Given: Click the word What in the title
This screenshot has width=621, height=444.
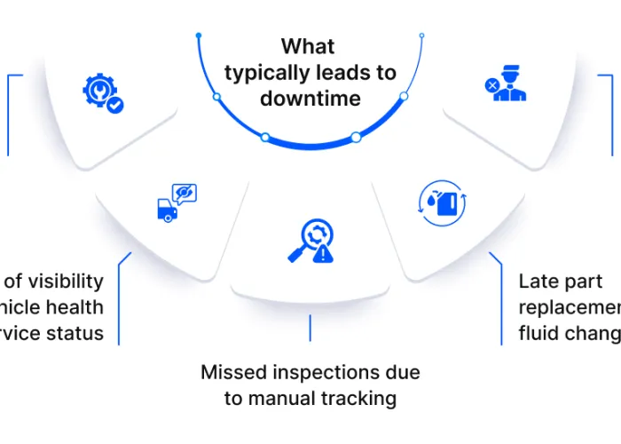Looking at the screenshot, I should coord(310,46).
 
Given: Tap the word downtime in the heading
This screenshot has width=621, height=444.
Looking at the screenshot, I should coord(310,98).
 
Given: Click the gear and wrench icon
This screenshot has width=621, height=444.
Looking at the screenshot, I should coord(100,92).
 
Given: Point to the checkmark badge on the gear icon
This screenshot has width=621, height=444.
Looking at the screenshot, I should coord(115,106).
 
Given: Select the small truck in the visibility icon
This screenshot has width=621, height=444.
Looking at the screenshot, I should coord(166,210).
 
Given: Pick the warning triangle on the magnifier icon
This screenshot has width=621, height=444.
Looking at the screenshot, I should coord(324,255).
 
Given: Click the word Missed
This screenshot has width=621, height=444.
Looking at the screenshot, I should coord(232,372).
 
